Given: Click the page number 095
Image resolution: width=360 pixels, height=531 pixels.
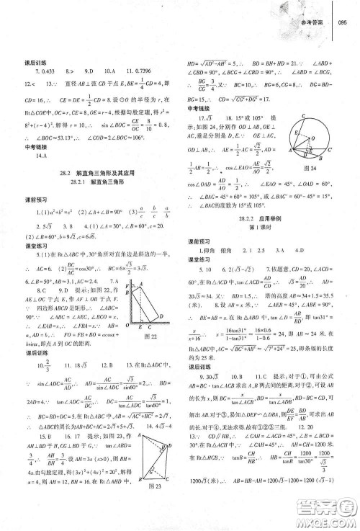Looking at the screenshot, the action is click(x=342, y=24).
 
